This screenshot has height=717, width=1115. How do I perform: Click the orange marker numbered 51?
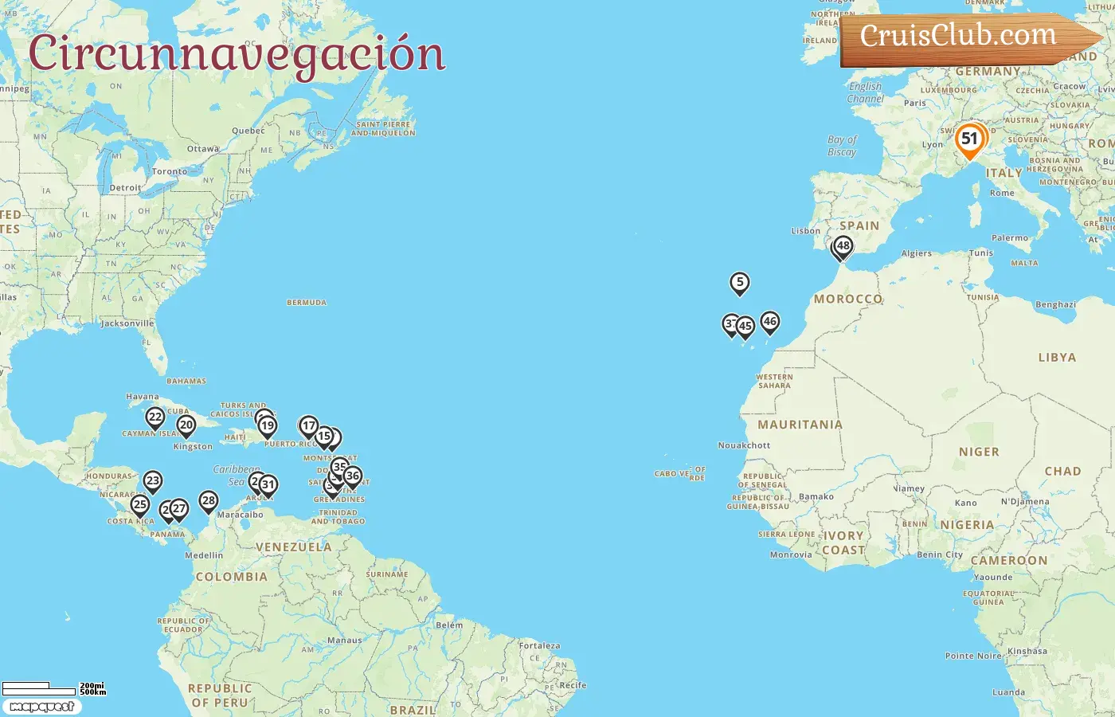coord(969,139)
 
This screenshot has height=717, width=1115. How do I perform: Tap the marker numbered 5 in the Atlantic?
coord(740,282)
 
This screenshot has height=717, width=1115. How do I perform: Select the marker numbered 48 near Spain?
coord(843,246)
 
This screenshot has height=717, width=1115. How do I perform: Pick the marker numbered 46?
coord(769,322)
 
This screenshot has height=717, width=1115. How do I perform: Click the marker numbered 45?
coord(745,326)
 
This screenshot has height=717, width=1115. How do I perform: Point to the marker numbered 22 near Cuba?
coord(155,417)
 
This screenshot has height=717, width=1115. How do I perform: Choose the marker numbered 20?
coord(186,425)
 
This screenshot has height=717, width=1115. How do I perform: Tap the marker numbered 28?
coord(209,501)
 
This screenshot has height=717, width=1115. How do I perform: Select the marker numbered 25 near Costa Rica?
coord(140,504)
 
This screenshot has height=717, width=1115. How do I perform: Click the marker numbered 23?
coord(153,480)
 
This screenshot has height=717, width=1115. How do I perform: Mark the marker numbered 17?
coord(309,426)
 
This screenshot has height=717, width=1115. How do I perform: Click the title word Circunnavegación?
coord(237,54)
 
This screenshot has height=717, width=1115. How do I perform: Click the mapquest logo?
coord(41,707)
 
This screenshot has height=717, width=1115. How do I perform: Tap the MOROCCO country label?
coord(847,299)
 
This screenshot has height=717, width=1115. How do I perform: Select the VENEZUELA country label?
coord(293,547)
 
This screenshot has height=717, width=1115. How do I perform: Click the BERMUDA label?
coord(307,303)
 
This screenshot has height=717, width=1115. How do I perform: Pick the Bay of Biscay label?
coord(842,146)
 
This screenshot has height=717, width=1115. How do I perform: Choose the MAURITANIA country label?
coord(800,425)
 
